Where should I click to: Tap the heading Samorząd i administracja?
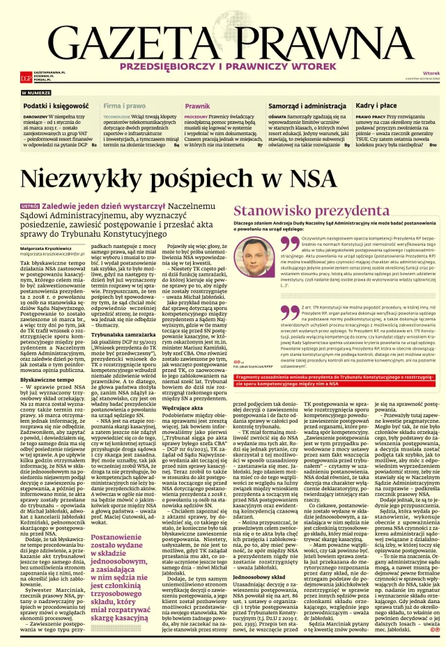click(307, 104)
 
